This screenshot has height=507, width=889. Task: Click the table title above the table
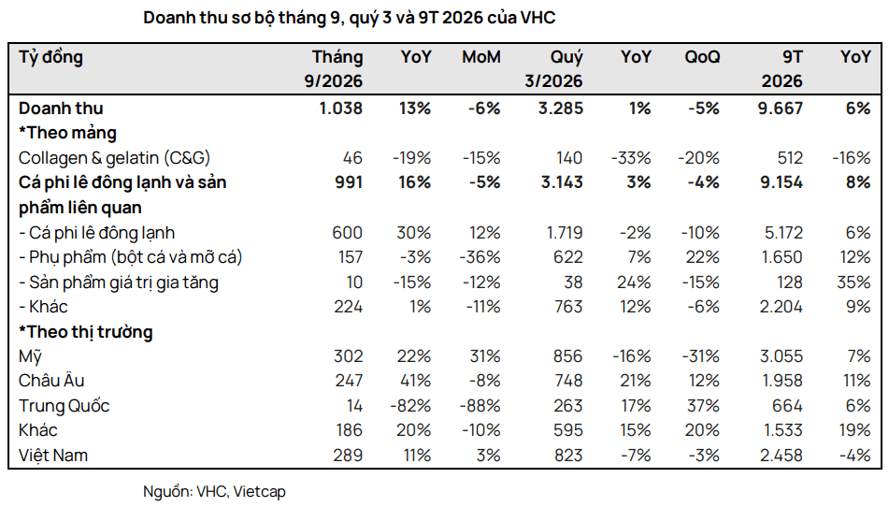[x=350, y=18]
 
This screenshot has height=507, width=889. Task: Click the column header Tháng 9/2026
[x=334, y=68]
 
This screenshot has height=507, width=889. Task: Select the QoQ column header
[x=702, y=57]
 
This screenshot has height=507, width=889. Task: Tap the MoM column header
[x=481, y=57]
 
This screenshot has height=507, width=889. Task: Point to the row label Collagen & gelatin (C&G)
[x=114, y=158]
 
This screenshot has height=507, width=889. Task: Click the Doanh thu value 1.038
[x=341, y=109]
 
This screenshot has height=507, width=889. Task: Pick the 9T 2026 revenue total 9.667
[x=781, y=109]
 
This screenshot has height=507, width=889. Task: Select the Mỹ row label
[x=30, y=356]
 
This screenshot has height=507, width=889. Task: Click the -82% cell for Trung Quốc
[x=410, y=406]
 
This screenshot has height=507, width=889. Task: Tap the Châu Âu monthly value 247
[x=349, y=381]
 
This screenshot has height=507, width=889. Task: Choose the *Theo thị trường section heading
[x=86, y=332]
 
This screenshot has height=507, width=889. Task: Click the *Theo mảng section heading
[x=67, y=133]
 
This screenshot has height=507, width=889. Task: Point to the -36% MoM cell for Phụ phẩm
[x=480, y=257]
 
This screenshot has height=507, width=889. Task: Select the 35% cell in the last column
[x=853, y=282]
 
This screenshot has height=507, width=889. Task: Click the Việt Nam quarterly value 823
[x=568, y=456]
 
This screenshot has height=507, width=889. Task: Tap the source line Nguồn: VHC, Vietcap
[x=214, y=491]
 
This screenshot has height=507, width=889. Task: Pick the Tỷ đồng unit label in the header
[x=51, y=57]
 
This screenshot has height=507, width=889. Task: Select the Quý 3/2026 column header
[x=553, y=68]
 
